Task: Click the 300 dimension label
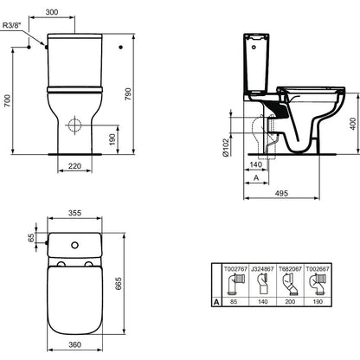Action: tap(52, 12)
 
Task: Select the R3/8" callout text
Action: tap(12, 25)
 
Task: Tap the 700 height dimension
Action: tap(8, 100)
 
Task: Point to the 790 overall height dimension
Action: tap(127, 94)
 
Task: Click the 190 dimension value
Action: tap(112, 139)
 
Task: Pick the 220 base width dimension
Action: tap(74, 166)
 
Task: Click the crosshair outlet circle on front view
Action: tap(75, 125)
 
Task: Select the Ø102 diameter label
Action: tap(226, 147)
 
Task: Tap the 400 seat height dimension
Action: tap(353, 124)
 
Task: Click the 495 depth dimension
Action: tap(281, 193)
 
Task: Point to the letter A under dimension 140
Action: tap(256, 178)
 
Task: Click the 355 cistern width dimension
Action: tap(74, 213)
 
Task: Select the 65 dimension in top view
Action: tap(31, 237)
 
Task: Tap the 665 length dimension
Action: tap(119, 284)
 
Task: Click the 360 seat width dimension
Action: tap(74, 344)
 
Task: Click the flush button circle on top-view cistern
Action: tap(74, 245)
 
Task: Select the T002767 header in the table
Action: tap(235, 268)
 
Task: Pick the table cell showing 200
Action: tap(290, 302)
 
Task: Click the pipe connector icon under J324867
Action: tap(263, 284)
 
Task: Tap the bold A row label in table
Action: tap(216, 302)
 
